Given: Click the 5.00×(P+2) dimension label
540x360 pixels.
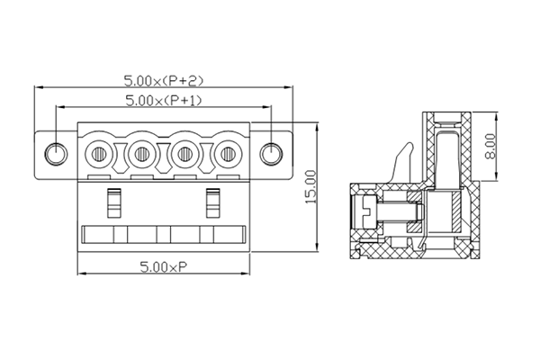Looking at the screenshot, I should pyautogui.click(x=165, y=79).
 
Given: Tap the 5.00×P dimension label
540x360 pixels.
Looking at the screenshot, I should pyautogui.click(x=163, y=266).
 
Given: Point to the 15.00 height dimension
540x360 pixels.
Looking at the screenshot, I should pyautogui.click(x=311, y=187).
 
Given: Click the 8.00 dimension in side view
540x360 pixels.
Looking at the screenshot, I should pyautogui.click(x=490, y=145).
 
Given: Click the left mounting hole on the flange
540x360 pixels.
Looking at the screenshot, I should pyautogui.click(x=56, y=154).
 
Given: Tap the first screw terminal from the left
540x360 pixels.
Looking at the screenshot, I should pyautogui.click(x=100, y=154).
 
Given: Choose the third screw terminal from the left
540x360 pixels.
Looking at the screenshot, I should pyautogui.click(x=184, y=154).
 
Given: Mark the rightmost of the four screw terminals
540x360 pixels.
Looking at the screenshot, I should pyautogui.click(x=226, y=154).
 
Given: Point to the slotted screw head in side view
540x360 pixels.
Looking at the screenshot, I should pyautogui.click(x=365, y=214).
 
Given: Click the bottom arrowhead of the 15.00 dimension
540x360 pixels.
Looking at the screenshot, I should pyautogui.click(x=319, y=248).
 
